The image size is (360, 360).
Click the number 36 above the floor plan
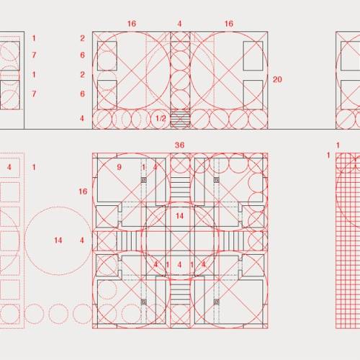coord(179,145)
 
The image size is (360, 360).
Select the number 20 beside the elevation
coord(277,79)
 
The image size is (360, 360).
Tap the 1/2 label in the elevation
coord(161,118)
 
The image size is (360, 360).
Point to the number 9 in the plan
coord(119,167)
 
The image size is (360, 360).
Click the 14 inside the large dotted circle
coord(58,240)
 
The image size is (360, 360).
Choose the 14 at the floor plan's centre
coord(179,216)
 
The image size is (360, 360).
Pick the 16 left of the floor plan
coord(83,192)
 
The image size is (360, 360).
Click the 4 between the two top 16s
coord(179,24)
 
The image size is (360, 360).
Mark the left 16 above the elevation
coord(132,24)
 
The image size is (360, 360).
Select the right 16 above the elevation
coord(229,24)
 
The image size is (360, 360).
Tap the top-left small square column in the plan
coord(144,180)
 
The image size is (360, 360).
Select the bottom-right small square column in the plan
coord(217,302)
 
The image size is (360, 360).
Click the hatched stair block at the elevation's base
coord(180,118)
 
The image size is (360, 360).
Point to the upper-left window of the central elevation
coord(107,56)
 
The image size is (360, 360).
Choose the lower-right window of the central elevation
coord(253,95)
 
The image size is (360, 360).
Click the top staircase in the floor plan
coord(180,186)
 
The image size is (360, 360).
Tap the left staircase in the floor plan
coord(127,240)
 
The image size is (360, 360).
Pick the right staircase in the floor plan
coord(233,240)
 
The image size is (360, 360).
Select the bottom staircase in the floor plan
coord(180,293)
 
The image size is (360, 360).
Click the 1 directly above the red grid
coord(338,145)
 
